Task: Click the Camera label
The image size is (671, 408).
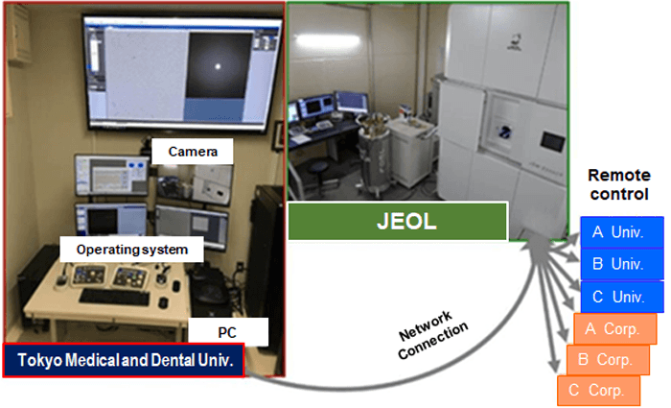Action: coord(193,152)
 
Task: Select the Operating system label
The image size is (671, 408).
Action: coord(132,250)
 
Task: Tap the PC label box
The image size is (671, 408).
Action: coord(228,332)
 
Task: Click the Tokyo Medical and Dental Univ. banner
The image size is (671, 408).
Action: coord(124,360)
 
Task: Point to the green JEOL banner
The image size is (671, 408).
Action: coord(398,222)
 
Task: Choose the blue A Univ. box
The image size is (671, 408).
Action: coord(621,232)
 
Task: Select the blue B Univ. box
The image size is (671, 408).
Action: coord(621,264)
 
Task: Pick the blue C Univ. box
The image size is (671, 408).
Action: coord(622,297)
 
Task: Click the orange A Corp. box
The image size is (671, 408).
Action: coord(615,328)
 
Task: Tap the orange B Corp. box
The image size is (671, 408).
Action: coord(608,360)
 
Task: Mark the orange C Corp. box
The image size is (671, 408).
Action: coord(599,391)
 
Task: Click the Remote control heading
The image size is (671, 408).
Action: coord(619,184)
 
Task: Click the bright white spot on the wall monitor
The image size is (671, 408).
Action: coord(218,66)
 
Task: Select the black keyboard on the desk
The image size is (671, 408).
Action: coord(115,297)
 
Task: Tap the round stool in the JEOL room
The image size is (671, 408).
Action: coord(319,172)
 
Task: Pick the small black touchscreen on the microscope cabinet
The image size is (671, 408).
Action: coord(552,141)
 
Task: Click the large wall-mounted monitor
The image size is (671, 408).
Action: coord(183,73)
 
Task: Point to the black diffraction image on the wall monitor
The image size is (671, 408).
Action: coord(219,65)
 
